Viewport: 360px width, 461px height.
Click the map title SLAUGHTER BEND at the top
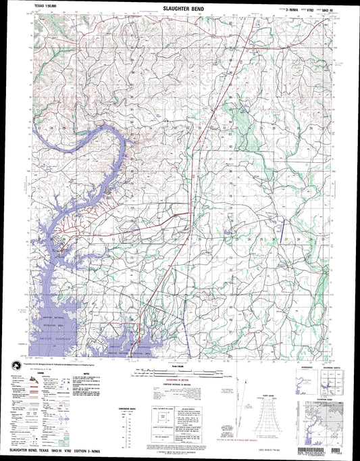pyautogui.click(x=180, y=10)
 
